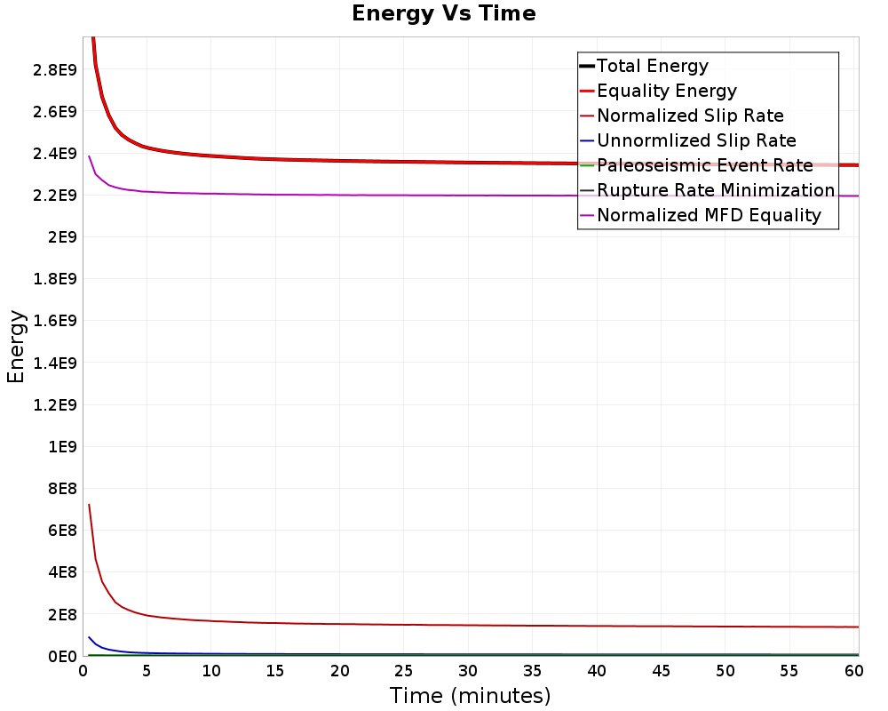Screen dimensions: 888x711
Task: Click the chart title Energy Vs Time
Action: coord(443,13)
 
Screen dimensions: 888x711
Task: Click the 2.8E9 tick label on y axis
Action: coord(55,69)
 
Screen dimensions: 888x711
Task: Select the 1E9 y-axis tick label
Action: coord(62,447)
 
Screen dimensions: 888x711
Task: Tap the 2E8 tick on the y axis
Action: coord(62,615)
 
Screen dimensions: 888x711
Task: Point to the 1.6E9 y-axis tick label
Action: coord(55,321)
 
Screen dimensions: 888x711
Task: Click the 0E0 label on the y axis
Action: coord(62,657)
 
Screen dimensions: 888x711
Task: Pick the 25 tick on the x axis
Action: coord(404,671)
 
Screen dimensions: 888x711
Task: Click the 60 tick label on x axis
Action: coord(854,671)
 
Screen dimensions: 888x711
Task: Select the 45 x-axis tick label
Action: coord(661,671)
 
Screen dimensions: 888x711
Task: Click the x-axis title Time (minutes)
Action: coord(470,696)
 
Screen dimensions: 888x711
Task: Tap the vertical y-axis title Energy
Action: coord(16,347)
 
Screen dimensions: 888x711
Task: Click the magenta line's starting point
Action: coord(89,156)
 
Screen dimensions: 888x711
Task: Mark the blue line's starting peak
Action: coord(89,637)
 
